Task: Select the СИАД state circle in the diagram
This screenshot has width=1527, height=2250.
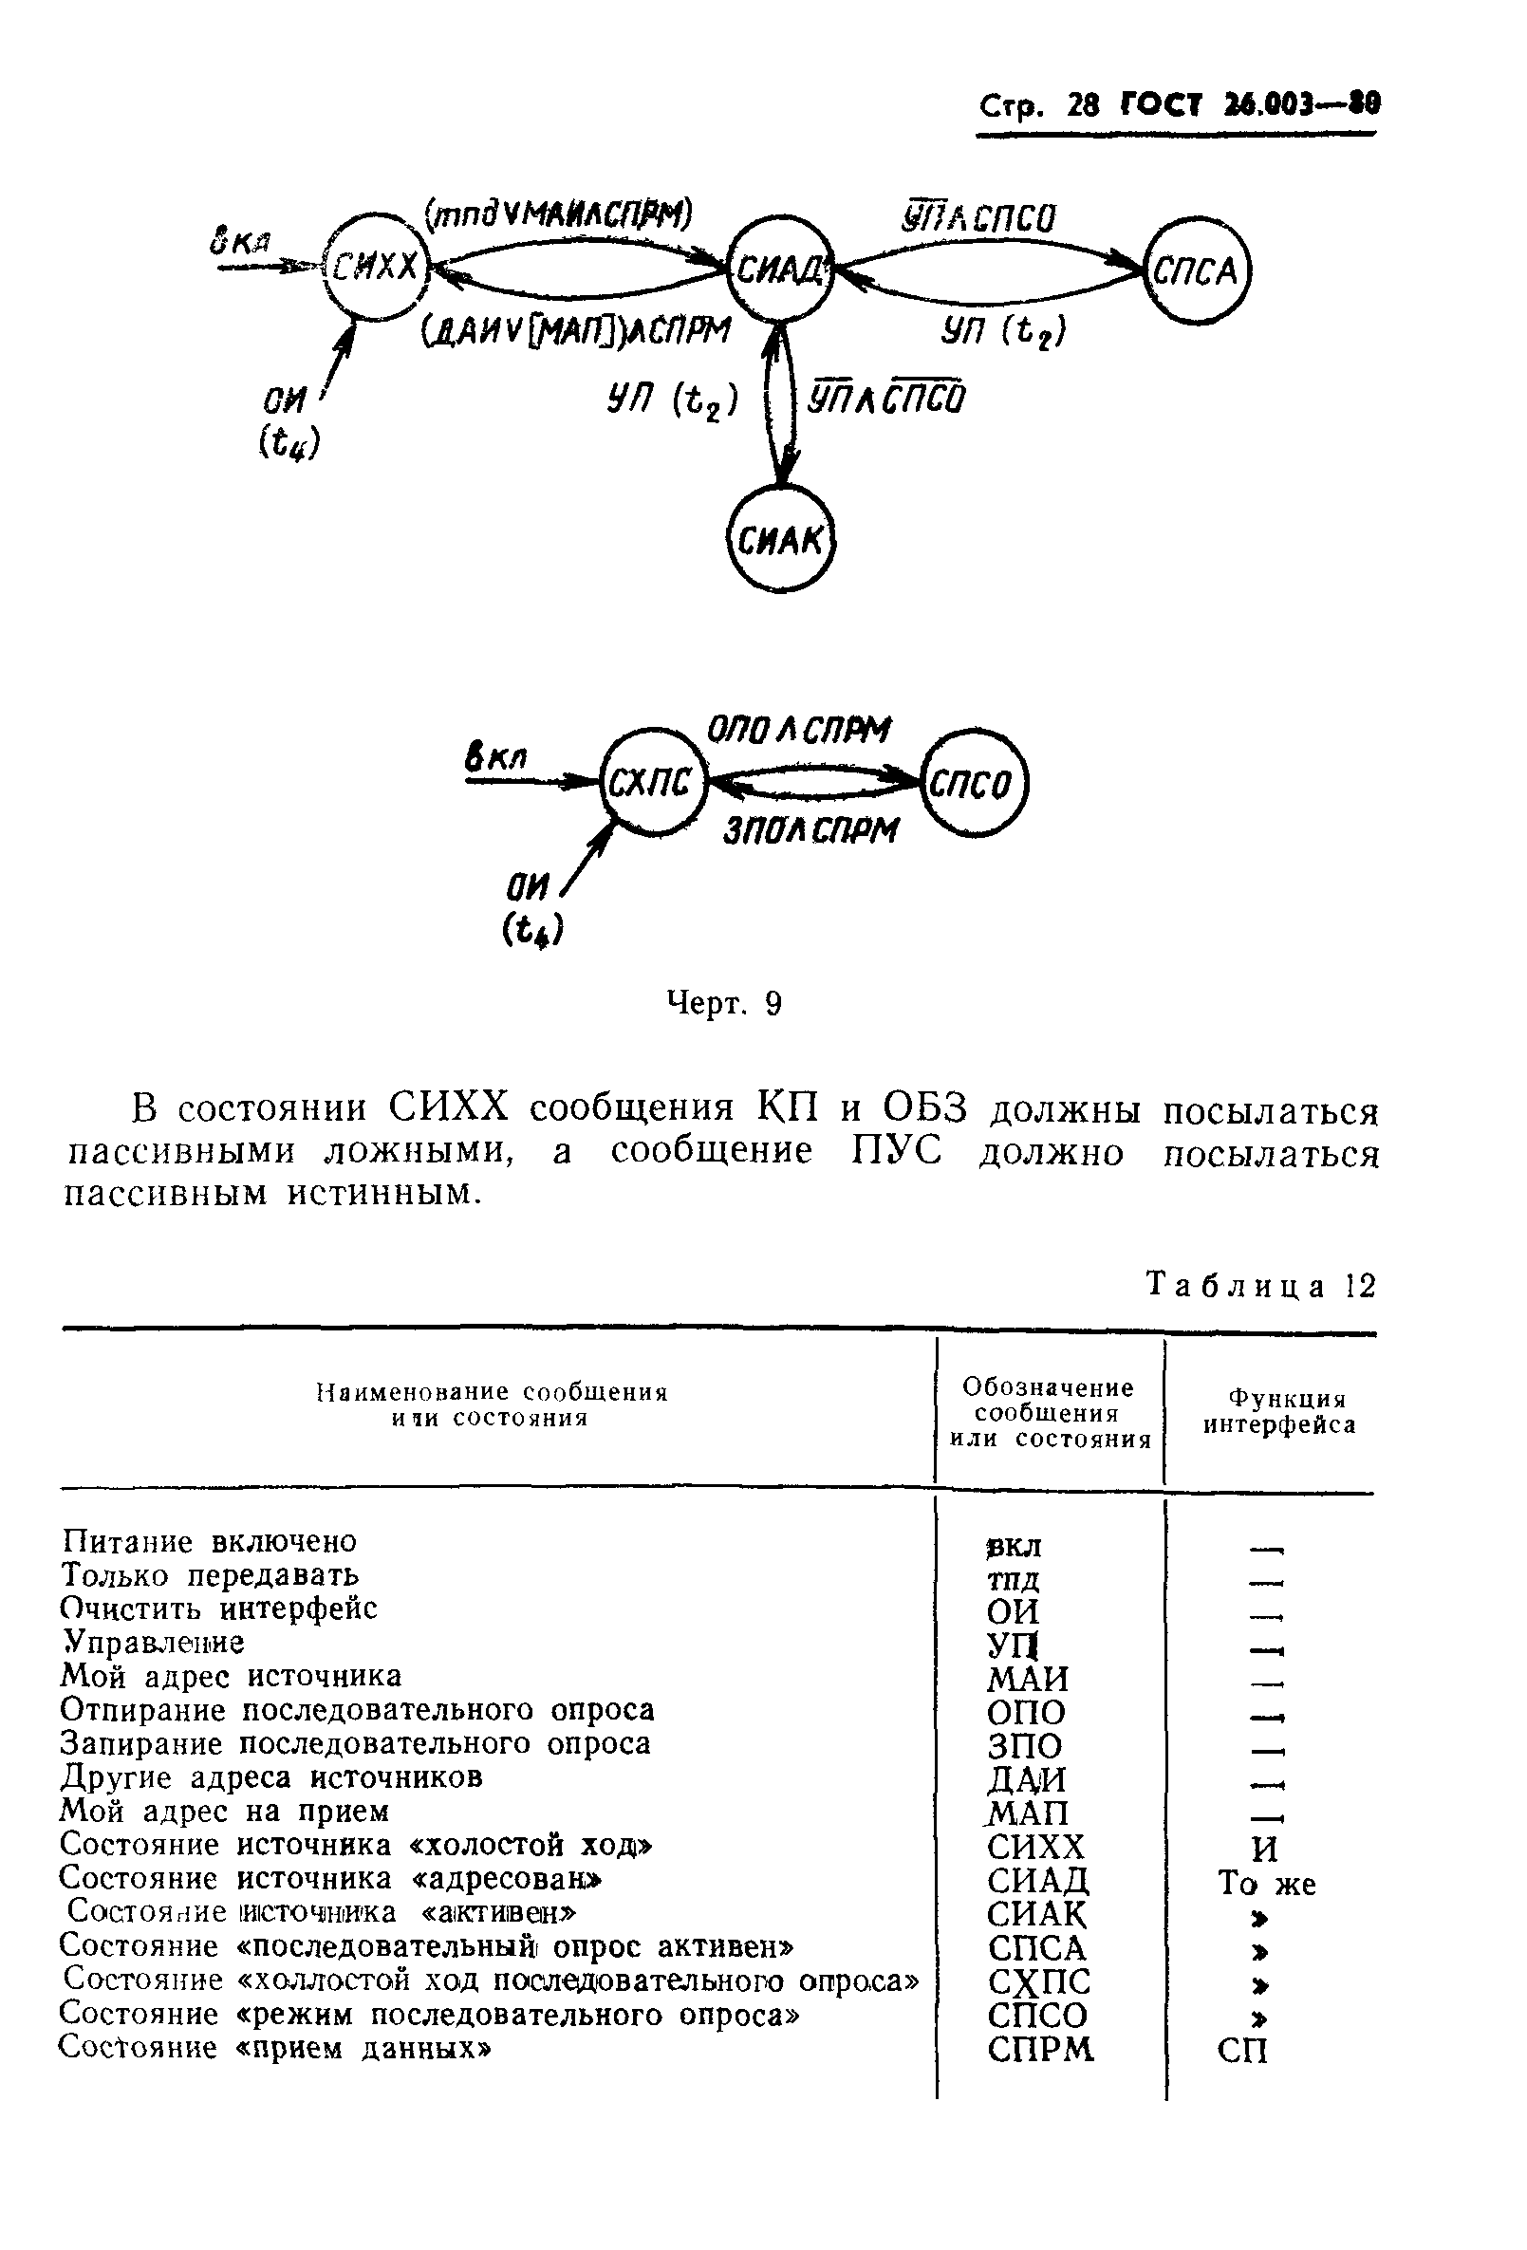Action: click(780, 269)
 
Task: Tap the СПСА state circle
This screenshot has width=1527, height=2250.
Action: click(1197, 271)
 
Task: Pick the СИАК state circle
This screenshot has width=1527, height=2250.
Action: click(780, 540)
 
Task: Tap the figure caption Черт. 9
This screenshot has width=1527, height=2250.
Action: click(724, 1004)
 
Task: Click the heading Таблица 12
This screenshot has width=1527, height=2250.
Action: click(1259, 1286)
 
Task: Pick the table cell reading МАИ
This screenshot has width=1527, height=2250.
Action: click(1028, 1678)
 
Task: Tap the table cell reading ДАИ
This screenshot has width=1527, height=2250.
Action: click(1027, 1779)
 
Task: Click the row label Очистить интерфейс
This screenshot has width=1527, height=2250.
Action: click(219, 1608)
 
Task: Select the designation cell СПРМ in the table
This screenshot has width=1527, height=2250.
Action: click(1040, 2051)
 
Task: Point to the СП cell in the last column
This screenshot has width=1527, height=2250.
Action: click(1242, 2052)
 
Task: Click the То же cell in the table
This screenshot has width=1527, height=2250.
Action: click(1267, 1884)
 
